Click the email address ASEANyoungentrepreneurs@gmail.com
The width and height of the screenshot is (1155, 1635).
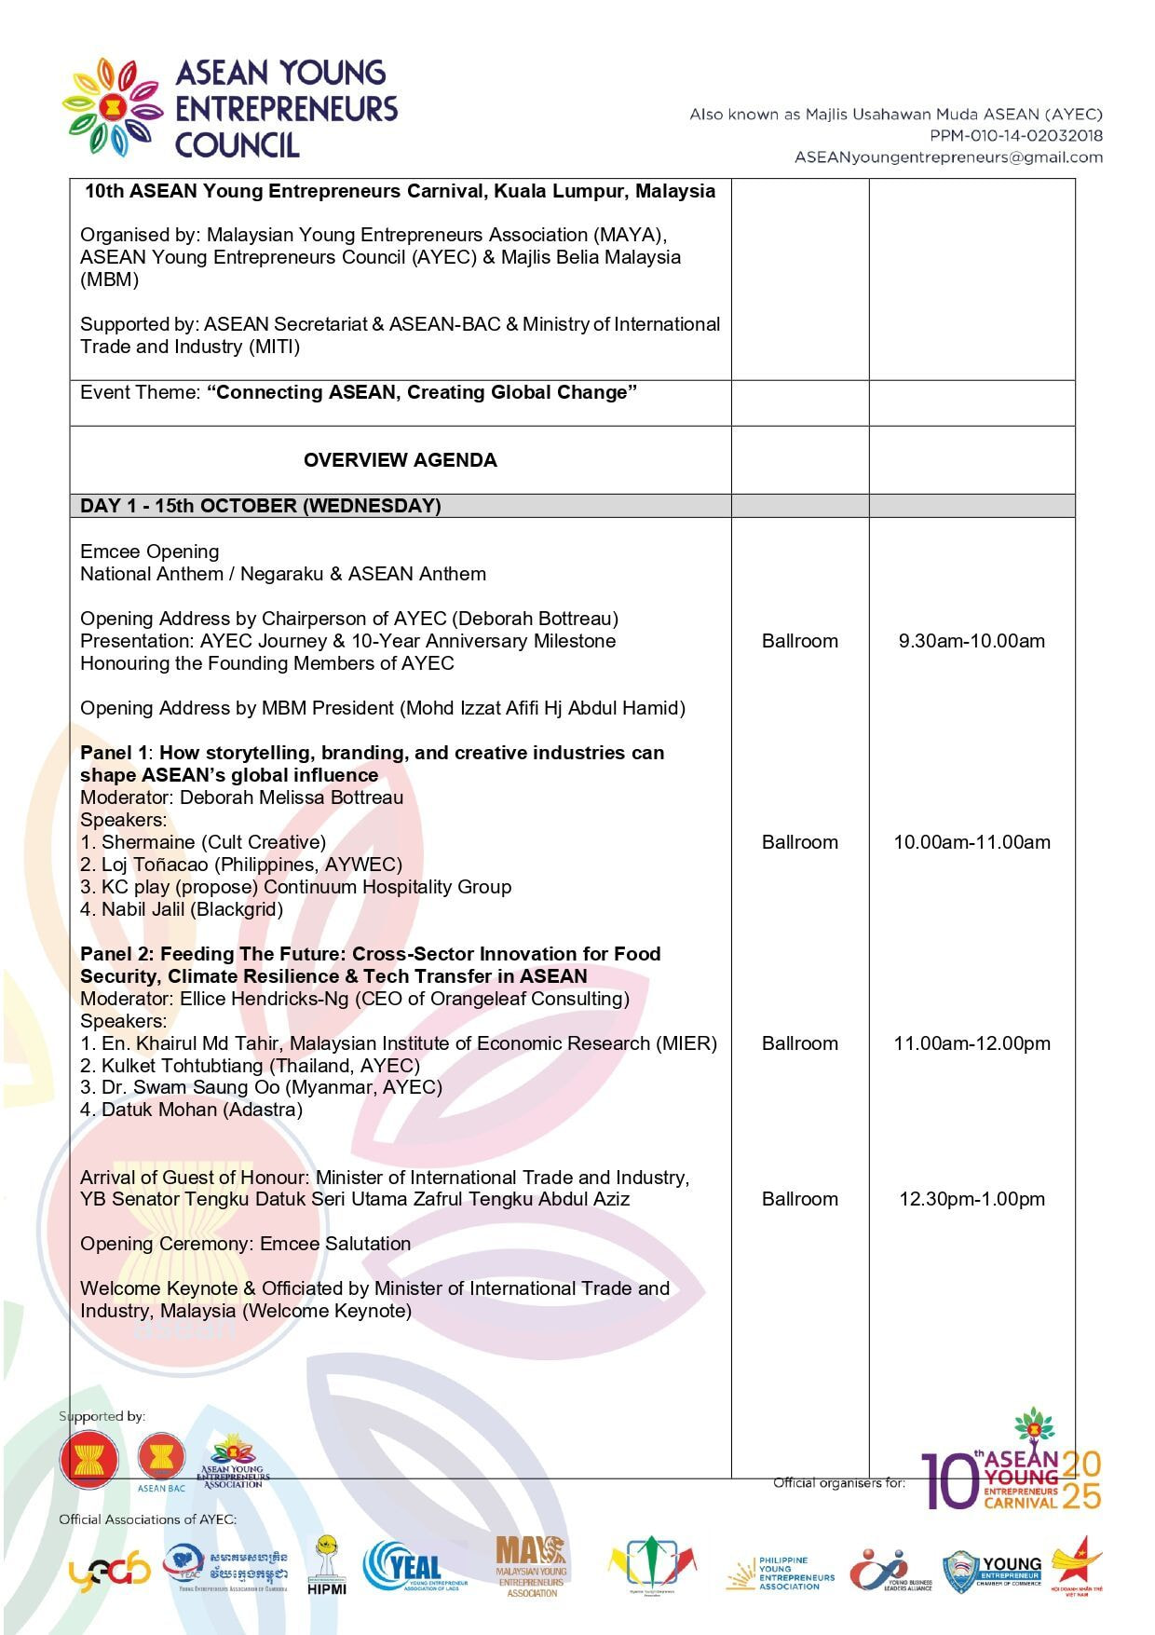point(947,157)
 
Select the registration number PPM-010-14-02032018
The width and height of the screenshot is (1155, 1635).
point(1016,136)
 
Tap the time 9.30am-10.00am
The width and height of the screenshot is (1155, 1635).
point(972,641)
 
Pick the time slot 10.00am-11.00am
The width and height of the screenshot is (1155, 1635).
point(972,842)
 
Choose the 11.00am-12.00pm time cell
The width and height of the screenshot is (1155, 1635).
point(972,1043)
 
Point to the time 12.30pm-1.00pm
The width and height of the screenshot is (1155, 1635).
point(972,1199)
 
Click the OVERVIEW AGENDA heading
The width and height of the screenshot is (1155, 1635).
point(400,460)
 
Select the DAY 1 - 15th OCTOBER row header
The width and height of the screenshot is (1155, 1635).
point(261,506)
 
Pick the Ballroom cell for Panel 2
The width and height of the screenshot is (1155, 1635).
point(799,1043)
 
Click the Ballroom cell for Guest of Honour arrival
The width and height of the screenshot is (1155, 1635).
point(799,1199)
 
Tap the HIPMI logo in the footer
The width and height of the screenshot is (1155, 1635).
point(327,1567)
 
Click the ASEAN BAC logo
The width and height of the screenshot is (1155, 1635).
point(161,1462)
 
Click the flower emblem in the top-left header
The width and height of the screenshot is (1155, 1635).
point(113,107)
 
